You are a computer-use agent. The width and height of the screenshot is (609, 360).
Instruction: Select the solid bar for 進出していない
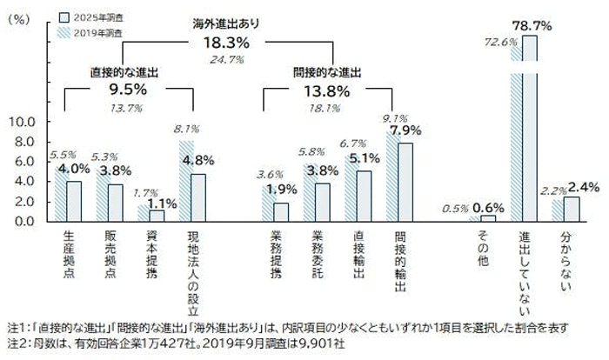pyautogui.click(x=530, y=129)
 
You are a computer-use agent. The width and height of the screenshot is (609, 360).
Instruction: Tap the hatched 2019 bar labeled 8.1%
pyautogui.click(x=187, y=180)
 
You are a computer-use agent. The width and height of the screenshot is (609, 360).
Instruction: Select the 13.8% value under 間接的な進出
pyautogui.click(x=326, y=90)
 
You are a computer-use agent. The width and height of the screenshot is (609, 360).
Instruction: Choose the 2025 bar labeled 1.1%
pyautogui.click(x=157, y=216)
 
